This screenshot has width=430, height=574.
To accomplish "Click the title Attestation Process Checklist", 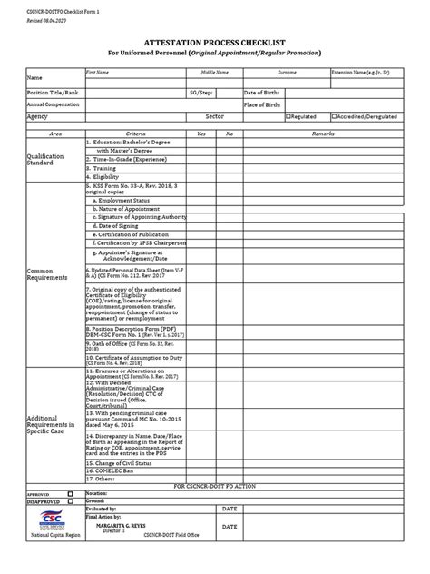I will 215,43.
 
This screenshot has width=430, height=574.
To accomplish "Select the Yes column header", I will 201,134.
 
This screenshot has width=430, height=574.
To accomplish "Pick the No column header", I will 230,134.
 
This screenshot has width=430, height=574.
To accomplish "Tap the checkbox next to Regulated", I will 288,117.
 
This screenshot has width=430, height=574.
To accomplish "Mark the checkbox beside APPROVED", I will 70,493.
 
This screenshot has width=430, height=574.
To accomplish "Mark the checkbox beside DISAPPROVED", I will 70,500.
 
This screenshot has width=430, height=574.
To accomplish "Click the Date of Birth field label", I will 263,93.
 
